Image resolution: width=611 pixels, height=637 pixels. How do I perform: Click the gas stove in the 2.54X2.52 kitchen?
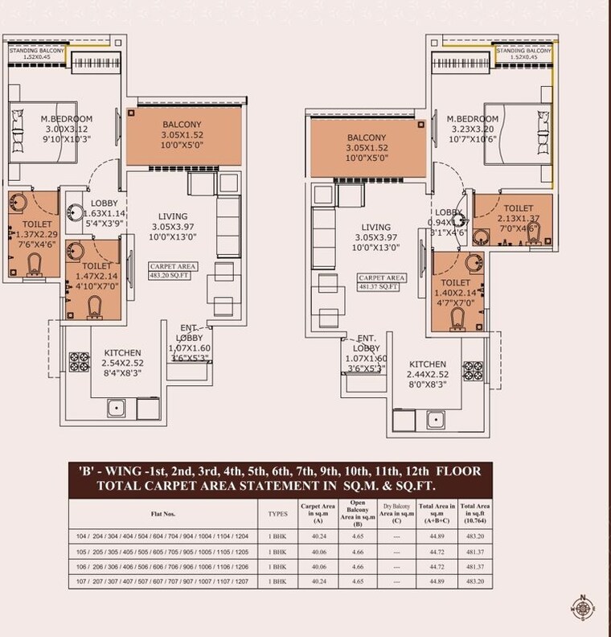pyautogui.click(x=79, y=361)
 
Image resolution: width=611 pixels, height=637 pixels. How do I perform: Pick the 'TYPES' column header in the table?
pyautogui.click(x=277, y=511)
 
